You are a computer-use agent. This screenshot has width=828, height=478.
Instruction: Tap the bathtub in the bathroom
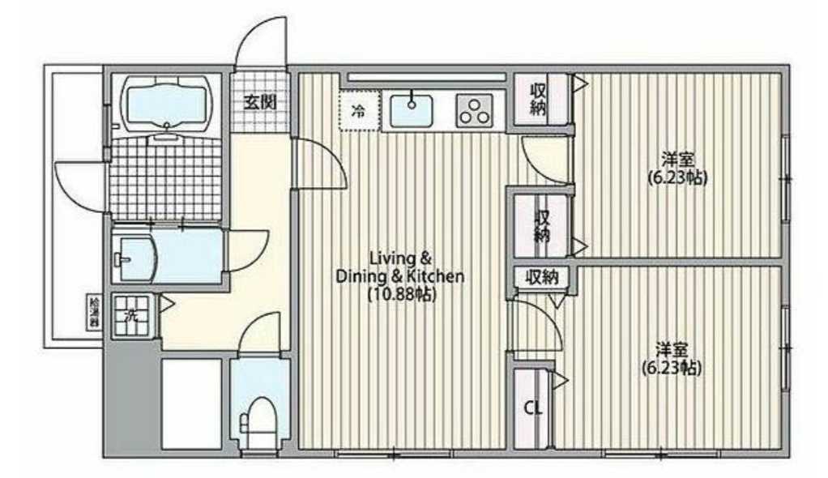coord(166,102)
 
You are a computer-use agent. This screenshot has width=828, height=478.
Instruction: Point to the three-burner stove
coord(476,111)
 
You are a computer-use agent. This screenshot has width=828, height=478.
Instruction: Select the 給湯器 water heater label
coord(94,312)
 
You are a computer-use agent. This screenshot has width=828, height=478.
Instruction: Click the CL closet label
coord(532,408)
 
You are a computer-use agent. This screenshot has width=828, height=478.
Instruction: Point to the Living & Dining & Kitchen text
coord(399,267)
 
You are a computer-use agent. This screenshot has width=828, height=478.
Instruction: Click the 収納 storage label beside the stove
coord(538,99)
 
